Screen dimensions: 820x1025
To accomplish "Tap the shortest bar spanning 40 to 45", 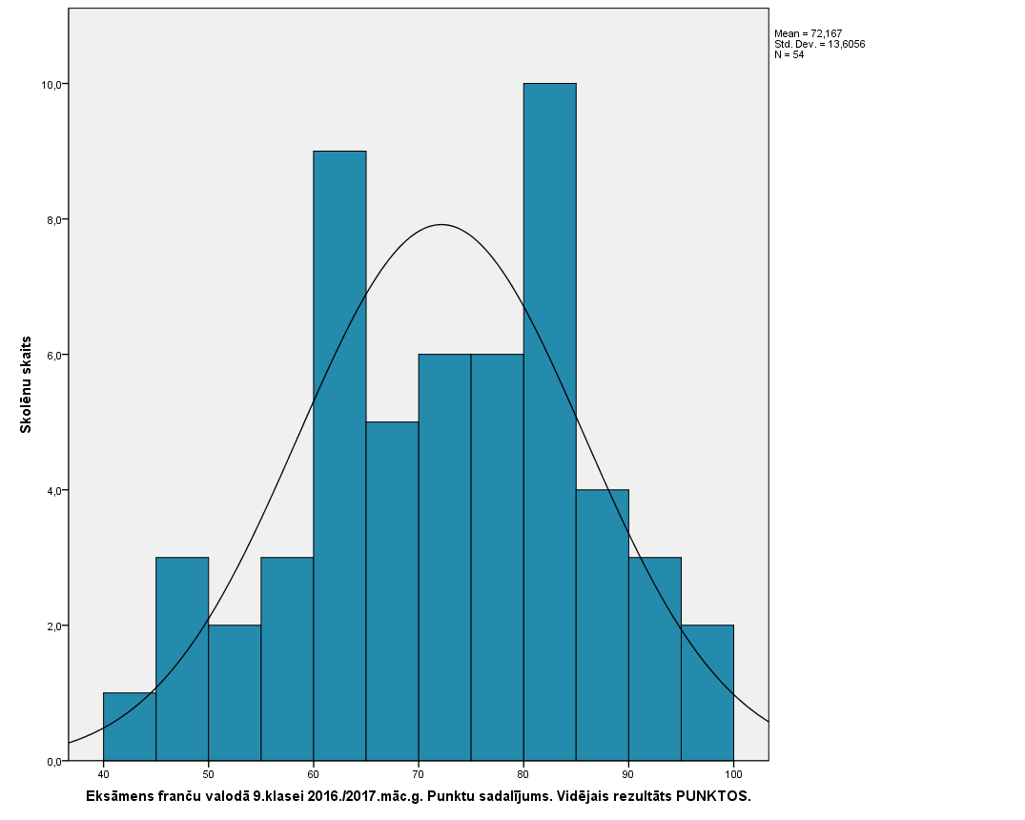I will click(130, 727).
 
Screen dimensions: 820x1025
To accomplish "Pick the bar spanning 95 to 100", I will click(707, 693).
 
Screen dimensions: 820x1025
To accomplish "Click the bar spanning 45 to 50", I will click(182, 659).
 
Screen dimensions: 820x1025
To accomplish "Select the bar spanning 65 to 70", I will click(392, 591).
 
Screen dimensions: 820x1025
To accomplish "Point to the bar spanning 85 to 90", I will click(602, 625).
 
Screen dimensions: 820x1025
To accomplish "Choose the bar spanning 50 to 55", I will click(235, 693).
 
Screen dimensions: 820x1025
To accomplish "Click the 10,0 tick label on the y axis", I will click(51, 85).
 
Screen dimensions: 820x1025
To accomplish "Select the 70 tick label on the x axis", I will click(418, 775).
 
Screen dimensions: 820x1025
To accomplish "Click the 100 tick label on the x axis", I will click(732, 775).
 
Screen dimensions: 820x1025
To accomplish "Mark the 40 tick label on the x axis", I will click(104, 775).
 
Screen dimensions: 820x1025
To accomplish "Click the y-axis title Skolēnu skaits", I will click(26, 384).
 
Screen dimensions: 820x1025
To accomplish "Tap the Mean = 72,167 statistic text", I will click(808, 33).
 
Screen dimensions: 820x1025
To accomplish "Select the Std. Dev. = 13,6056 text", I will click(819, 44).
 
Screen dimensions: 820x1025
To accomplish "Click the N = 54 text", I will click(789, 54).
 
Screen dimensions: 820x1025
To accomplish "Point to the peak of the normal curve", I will click(441, 225).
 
